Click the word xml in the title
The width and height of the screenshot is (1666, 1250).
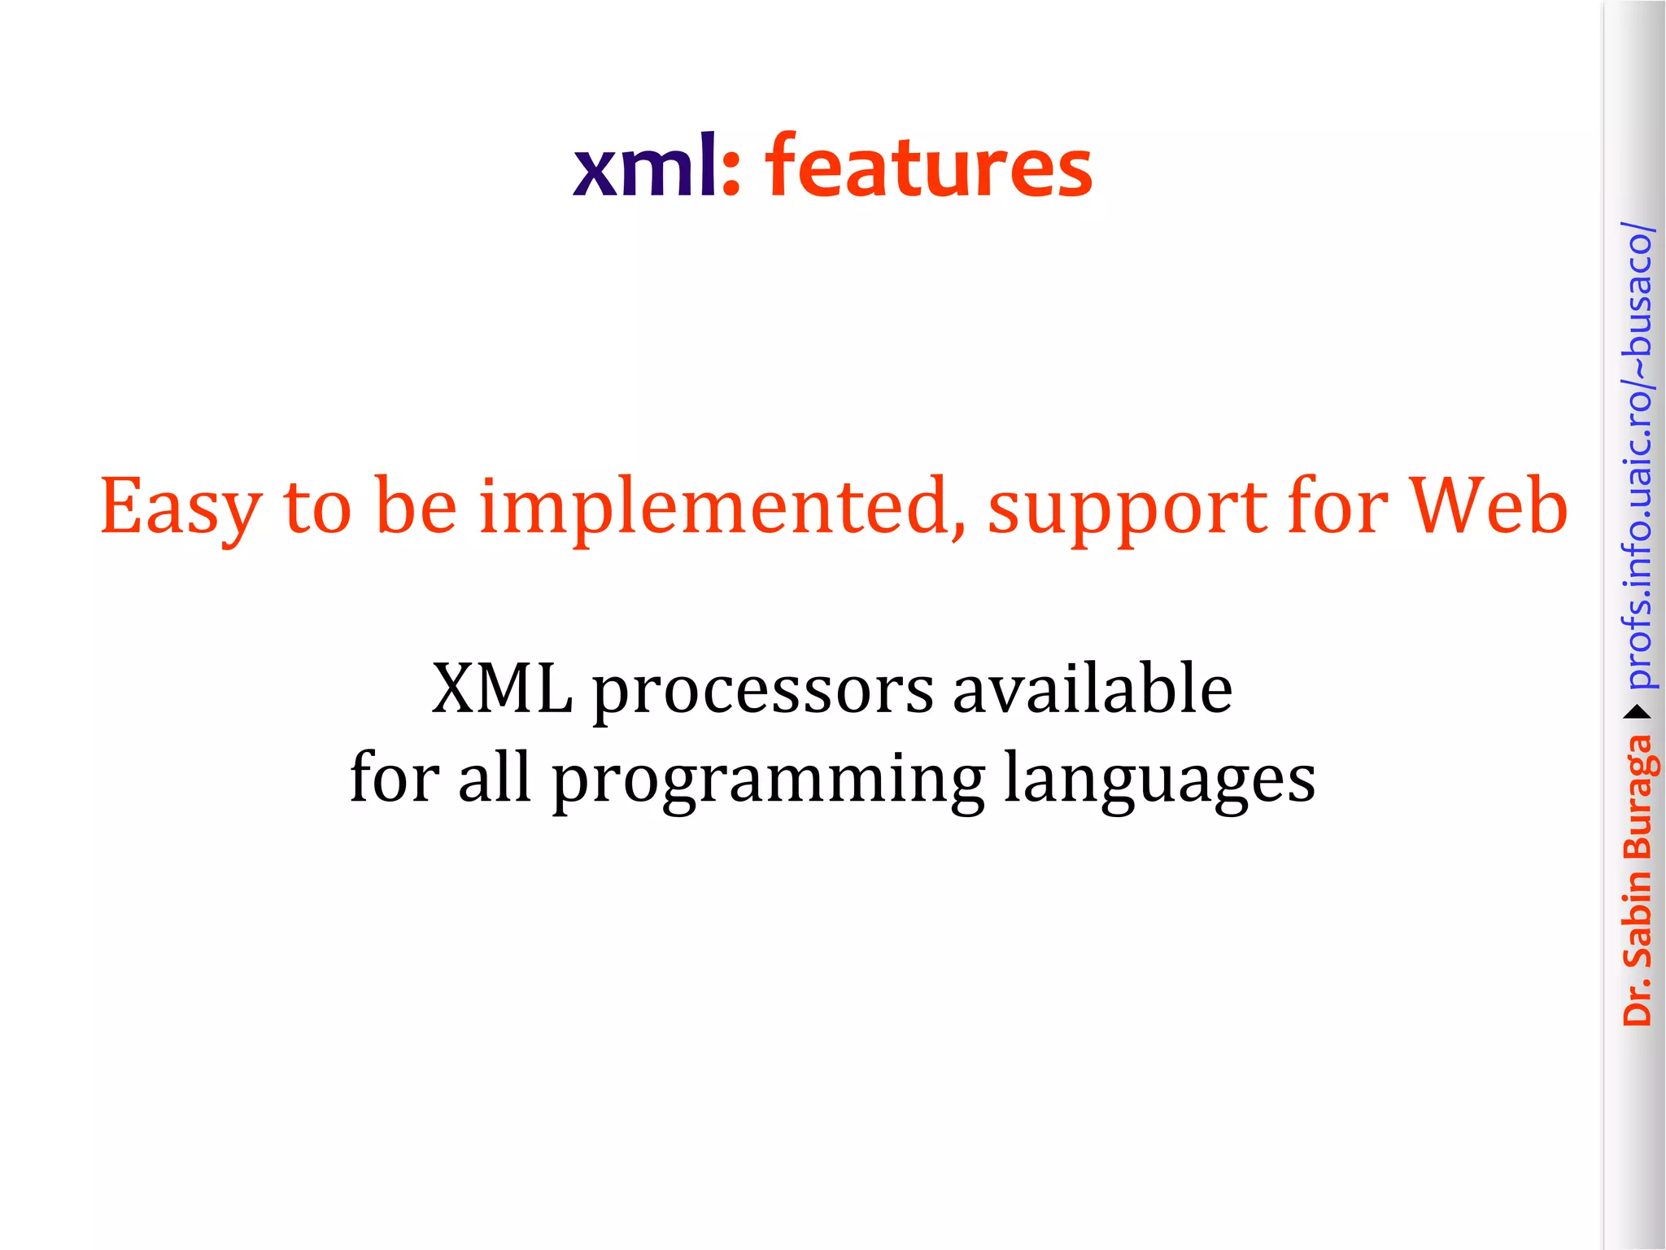tap(644, 167)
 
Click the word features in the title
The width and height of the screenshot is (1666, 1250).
tap(928, 167)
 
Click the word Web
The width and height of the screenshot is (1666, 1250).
tap(1488, 506)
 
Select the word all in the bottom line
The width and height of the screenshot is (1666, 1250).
tap(495, 777)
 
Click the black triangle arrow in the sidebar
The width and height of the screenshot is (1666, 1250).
tap(1637, 713)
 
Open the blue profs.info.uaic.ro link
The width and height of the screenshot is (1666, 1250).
tap(1638, 456)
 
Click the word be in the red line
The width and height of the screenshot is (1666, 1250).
tap(416, 507)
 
